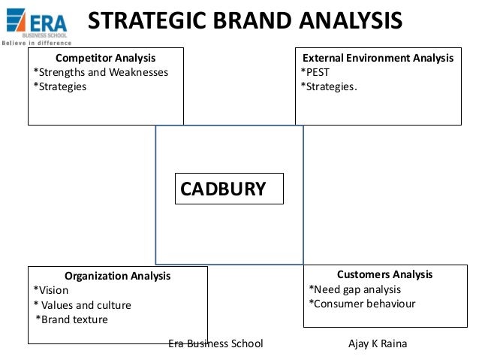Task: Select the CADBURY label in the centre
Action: (223, 189)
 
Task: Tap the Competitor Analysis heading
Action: (106, 58)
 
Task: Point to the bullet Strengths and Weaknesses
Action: (101, 72)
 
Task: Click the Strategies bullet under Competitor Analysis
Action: (60, 86)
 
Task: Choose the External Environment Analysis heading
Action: (378, 58)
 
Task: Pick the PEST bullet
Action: (317, 72)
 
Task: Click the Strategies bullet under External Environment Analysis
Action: (330, 86)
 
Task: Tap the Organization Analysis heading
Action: (118, 276)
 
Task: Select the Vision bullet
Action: (51, 290)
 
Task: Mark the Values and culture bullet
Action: (83, 305)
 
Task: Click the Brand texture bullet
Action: (72, 319)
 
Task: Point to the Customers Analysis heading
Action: (384, 274)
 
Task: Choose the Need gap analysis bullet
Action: (355, 289)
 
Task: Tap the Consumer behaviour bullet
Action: (362, 304)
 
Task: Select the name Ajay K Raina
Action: (378, 343)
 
